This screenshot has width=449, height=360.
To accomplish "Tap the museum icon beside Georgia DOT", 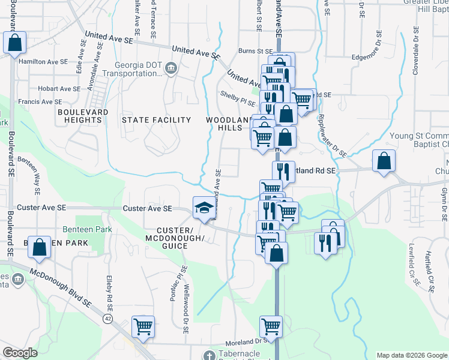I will tap(170, 69).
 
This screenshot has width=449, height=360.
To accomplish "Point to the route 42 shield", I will tap(108, 318).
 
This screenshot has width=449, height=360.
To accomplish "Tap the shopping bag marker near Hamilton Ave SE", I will tap(15, 43).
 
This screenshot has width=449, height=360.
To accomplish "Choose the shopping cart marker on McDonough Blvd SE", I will tap(143, 327).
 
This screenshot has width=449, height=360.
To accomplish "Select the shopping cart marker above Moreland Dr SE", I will tap(271, 327).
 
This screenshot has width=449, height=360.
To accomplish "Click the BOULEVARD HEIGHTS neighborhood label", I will tap(83, 116).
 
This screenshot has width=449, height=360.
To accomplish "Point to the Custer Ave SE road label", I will tap(147, 208).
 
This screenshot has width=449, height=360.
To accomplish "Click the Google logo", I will tap(20, 353).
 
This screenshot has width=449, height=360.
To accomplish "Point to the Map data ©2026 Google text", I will tap(411, 355).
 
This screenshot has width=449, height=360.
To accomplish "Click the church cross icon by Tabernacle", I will tap(209, 355).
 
